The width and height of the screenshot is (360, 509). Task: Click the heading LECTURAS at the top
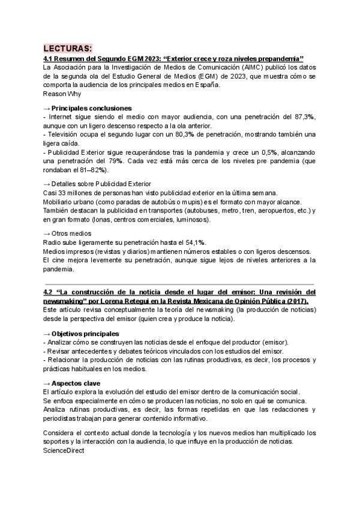pyautogui.click(x=68, y=49)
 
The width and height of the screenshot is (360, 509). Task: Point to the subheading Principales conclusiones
pyautogui.click(x=92, y=107)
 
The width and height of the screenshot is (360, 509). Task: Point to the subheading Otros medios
pyautogui.click(x=71, y=233)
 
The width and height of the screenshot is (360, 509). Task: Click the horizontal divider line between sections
pyautogui.click(x=179, y=283)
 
